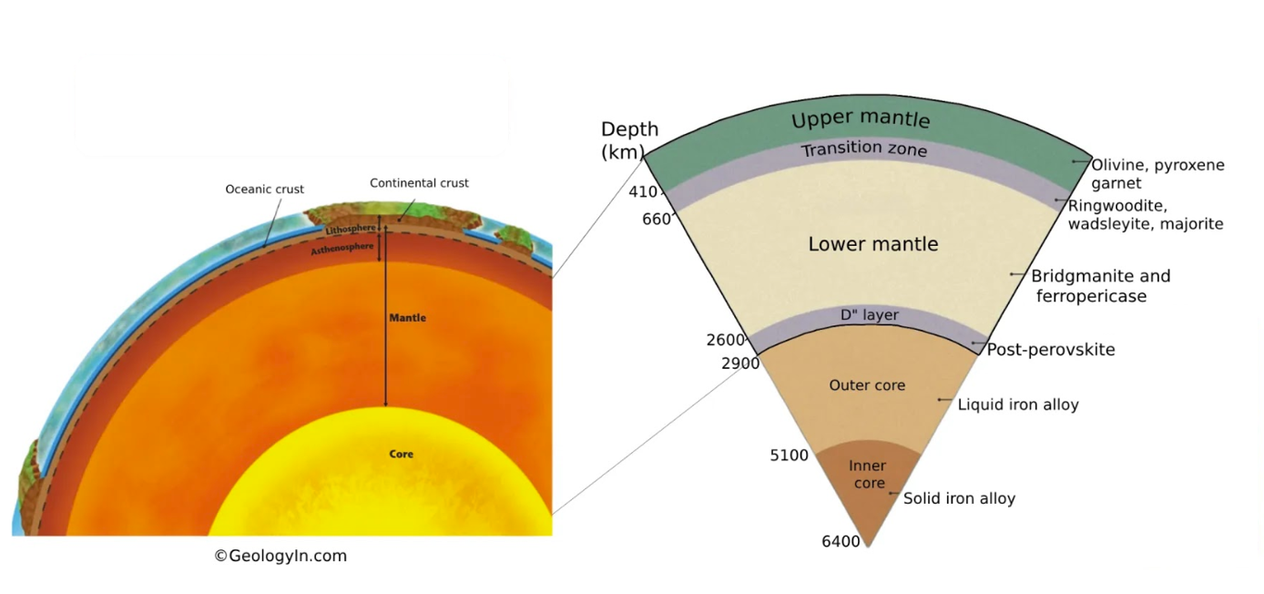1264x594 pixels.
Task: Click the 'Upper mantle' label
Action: tap(861, 119)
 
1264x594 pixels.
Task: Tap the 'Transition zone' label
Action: tap(863, 148)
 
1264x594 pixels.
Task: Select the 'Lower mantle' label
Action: tap(872, 244)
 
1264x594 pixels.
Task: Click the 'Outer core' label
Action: tap(867, 385)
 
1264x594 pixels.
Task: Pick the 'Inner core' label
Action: tap(868, 475)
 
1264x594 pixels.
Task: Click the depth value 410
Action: tap(643, 192)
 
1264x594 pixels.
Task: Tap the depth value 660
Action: tap(656, 219)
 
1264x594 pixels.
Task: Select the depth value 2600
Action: tap(726, 341)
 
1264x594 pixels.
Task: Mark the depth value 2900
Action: tap(740, 364)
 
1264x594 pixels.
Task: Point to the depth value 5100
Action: tap(789, 456)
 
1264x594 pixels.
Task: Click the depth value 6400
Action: tap(841, 542)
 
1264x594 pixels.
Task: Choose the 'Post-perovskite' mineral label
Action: tap(1051, 350)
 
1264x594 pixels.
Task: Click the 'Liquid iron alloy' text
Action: tap(1018, 405)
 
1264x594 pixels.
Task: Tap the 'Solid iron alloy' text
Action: tap(959, 498)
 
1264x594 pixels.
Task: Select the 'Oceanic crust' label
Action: tap(264, 189)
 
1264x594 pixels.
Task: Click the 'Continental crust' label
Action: tap(419, 183)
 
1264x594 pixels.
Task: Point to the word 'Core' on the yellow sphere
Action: tap(401, 454)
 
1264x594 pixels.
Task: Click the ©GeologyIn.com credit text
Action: tap(280, 556)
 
